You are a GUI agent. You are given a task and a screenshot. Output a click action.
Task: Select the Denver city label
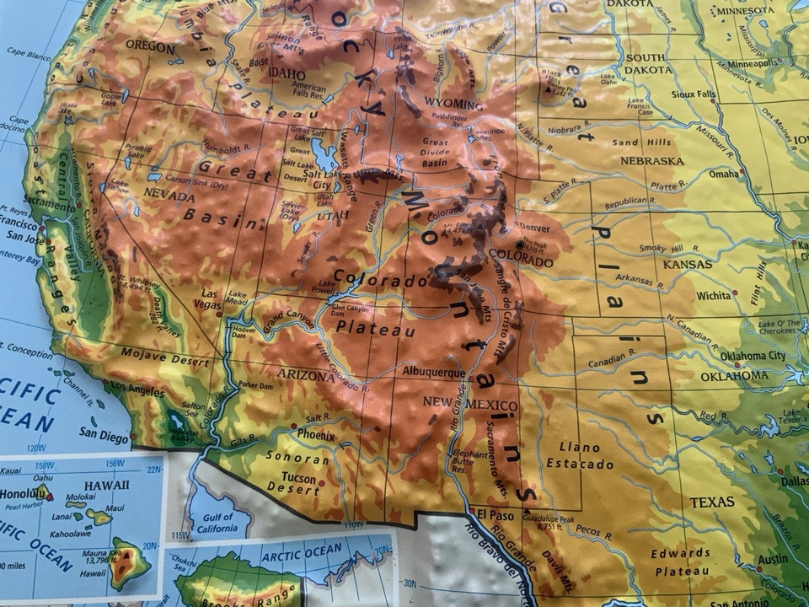(534, 228)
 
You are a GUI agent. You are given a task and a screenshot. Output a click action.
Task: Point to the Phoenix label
(316, 434)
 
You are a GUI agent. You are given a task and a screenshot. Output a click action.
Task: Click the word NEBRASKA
(651, 160)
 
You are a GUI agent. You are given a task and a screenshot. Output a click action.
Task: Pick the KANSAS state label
(687, 264)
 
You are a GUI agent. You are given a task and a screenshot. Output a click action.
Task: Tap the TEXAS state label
(712, 502)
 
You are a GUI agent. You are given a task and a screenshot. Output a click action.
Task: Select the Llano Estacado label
(580, 455)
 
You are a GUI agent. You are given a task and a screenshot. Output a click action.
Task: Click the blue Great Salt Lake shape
(323, 153)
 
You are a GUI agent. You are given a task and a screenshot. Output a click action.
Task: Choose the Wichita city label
(713, 296)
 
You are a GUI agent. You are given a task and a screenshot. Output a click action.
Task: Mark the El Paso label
(495, 514)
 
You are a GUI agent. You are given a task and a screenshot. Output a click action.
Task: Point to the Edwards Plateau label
(680, 561)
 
